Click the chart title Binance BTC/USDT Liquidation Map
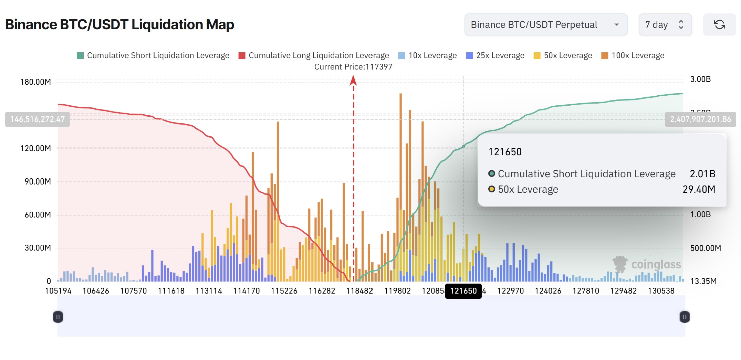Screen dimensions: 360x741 point(119,25)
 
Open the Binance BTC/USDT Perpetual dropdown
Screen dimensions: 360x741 point(545,25)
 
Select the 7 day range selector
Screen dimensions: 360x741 point(665,25)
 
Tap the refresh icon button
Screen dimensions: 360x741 point(719,25)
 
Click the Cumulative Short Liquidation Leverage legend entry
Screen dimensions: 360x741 point(153,56)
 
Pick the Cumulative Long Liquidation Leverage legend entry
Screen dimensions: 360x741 point(314,56)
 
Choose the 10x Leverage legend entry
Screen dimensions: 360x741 point(427,56)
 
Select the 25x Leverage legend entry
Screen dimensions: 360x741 point(495,56)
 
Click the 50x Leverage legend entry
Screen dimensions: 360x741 point(563,56)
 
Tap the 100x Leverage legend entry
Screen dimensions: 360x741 point(633,56)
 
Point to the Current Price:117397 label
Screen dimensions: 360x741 point(353,67)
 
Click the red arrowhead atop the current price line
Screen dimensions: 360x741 point(353,81)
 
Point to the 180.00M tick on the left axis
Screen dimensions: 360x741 point(35,82)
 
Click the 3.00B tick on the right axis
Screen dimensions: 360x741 point(700,79)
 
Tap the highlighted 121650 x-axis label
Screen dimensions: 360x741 point(463,291)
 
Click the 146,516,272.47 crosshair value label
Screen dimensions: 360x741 point(38,119)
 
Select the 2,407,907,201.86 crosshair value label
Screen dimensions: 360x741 point(700,119)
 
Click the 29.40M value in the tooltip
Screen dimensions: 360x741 point(699,189)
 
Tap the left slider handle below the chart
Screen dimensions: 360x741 point(58,317)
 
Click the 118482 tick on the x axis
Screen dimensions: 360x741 point(359,291)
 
